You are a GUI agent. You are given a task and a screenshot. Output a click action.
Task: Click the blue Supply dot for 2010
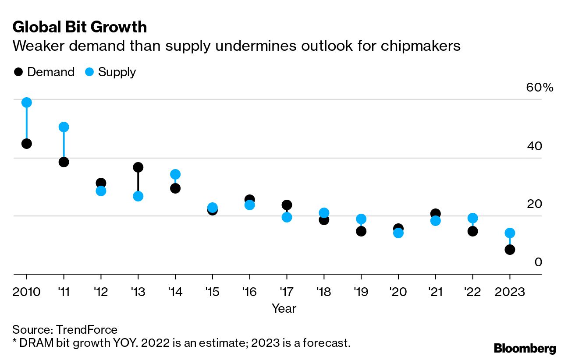click(x=26, y=102)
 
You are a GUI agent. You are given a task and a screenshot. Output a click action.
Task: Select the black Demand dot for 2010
click(x=26, y=144)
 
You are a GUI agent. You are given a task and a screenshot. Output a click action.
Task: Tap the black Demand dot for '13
click(x=138, y=167)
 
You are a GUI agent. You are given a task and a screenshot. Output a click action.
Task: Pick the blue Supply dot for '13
click(x=138, y=196)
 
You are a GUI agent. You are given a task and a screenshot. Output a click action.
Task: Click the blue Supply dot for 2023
click(x=510, y=233)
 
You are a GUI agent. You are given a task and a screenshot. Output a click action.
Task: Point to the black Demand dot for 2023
click(x=510, y=250)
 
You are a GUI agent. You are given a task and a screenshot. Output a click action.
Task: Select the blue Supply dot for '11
click(x=64, y=127)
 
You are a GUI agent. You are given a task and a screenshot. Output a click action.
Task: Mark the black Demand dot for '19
click(x=361, y=231)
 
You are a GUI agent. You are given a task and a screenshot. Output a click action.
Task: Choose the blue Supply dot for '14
click(x=175, y=174)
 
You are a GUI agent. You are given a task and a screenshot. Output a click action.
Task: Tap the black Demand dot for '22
click(x=472, y=231)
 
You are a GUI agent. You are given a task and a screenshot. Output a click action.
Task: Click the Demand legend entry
click(x=44, y=72)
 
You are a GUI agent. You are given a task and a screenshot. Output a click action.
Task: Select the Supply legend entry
click(x=110, y=72)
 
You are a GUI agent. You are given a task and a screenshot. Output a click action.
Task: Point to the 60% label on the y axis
click(x=540, y=88)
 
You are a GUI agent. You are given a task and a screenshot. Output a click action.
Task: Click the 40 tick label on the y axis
click(x=535, y=146)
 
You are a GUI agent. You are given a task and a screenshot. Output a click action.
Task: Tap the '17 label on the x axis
click(x=287, y=292)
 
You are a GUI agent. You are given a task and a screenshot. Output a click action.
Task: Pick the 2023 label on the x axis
click(x=509, y=292)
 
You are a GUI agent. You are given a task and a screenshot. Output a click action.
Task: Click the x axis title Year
click(x=284, y=308)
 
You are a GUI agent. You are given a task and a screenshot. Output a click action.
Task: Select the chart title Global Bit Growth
click(x=79, y=27)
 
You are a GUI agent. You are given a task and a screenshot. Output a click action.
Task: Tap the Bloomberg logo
click(x=525, y=349)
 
